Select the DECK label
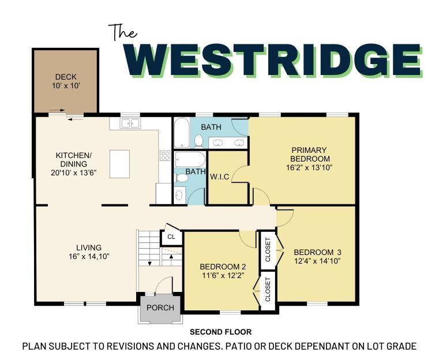(x=65, y=77)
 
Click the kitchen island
(x=119, y=164)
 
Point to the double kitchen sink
(x=130, y=123)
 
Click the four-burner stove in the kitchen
(x=165, y=155)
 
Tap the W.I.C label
(x=219, y=177)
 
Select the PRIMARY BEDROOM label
(x=310, y=154)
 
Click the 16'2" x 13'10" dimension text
(x=310, y=167)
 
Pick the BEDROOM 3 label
(x=317, y=252)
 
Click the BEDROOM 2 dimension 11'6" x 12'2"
(x=223, y=276)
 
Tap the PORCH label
(x=160, y=307)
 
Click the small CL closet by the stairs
(x=171, y=237)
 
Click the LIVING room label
(x=89, y=247)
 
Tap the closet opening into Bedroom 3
(x=268, y=249)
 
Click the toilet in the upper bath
(x=198, y=140)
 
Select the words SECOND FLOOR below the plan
(x=220, y=332)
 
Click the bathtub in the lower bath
(x=190, y=159)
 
